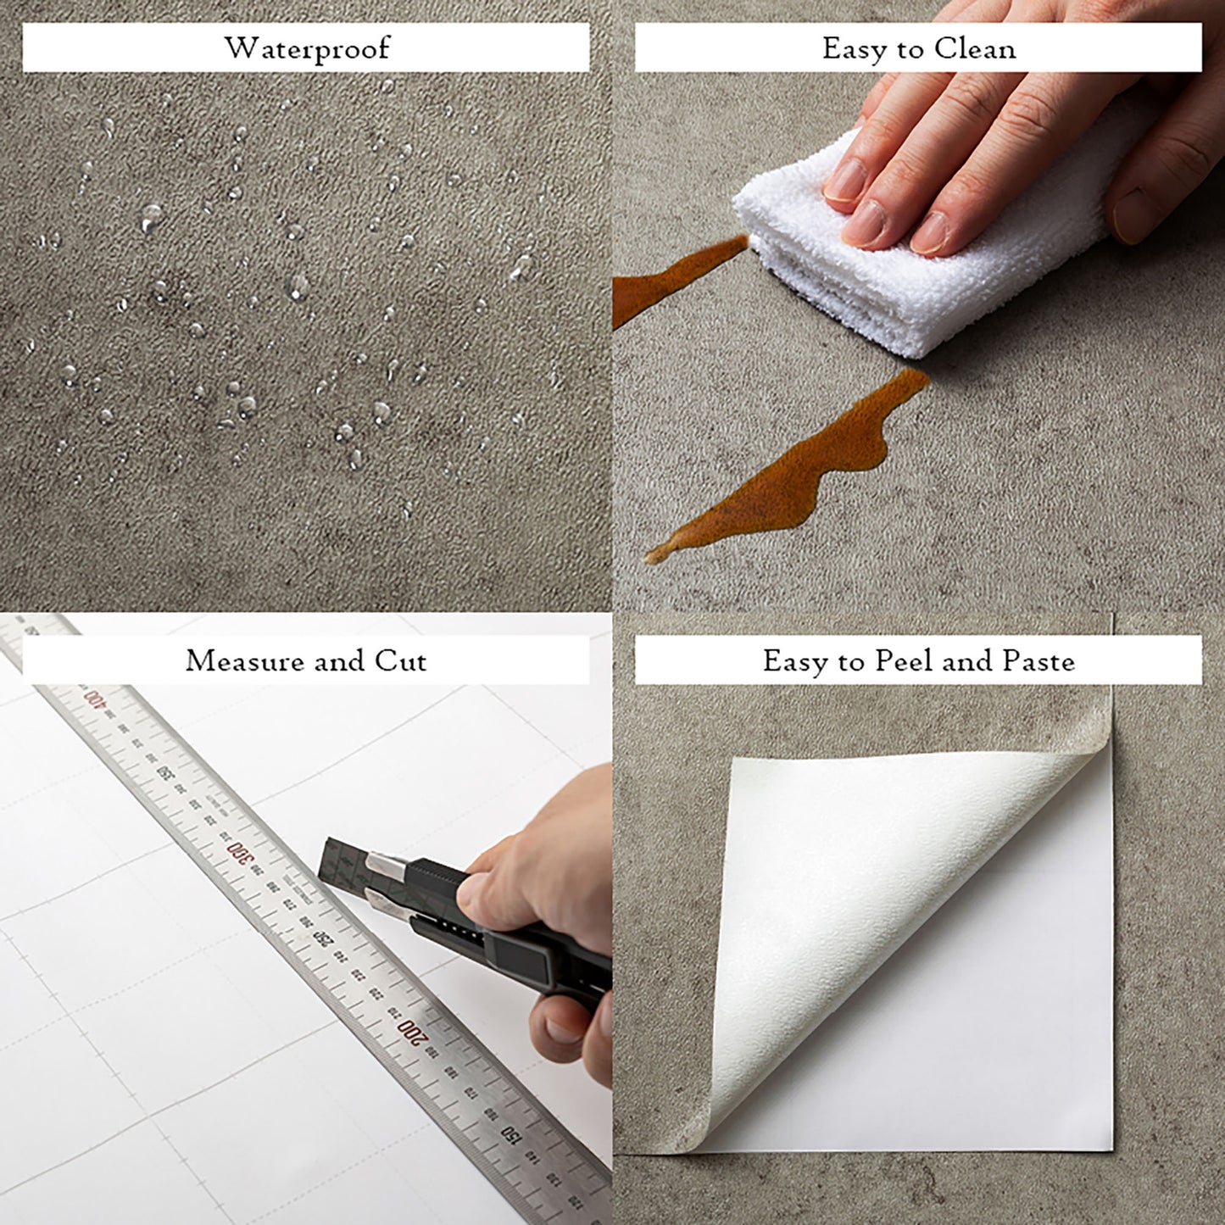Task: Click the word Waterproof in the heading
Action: (x=306, y=48)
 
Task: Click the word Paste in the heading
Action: (x=1038, y=660)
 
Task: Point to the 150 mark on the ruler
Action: (x=509, y=1132)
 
